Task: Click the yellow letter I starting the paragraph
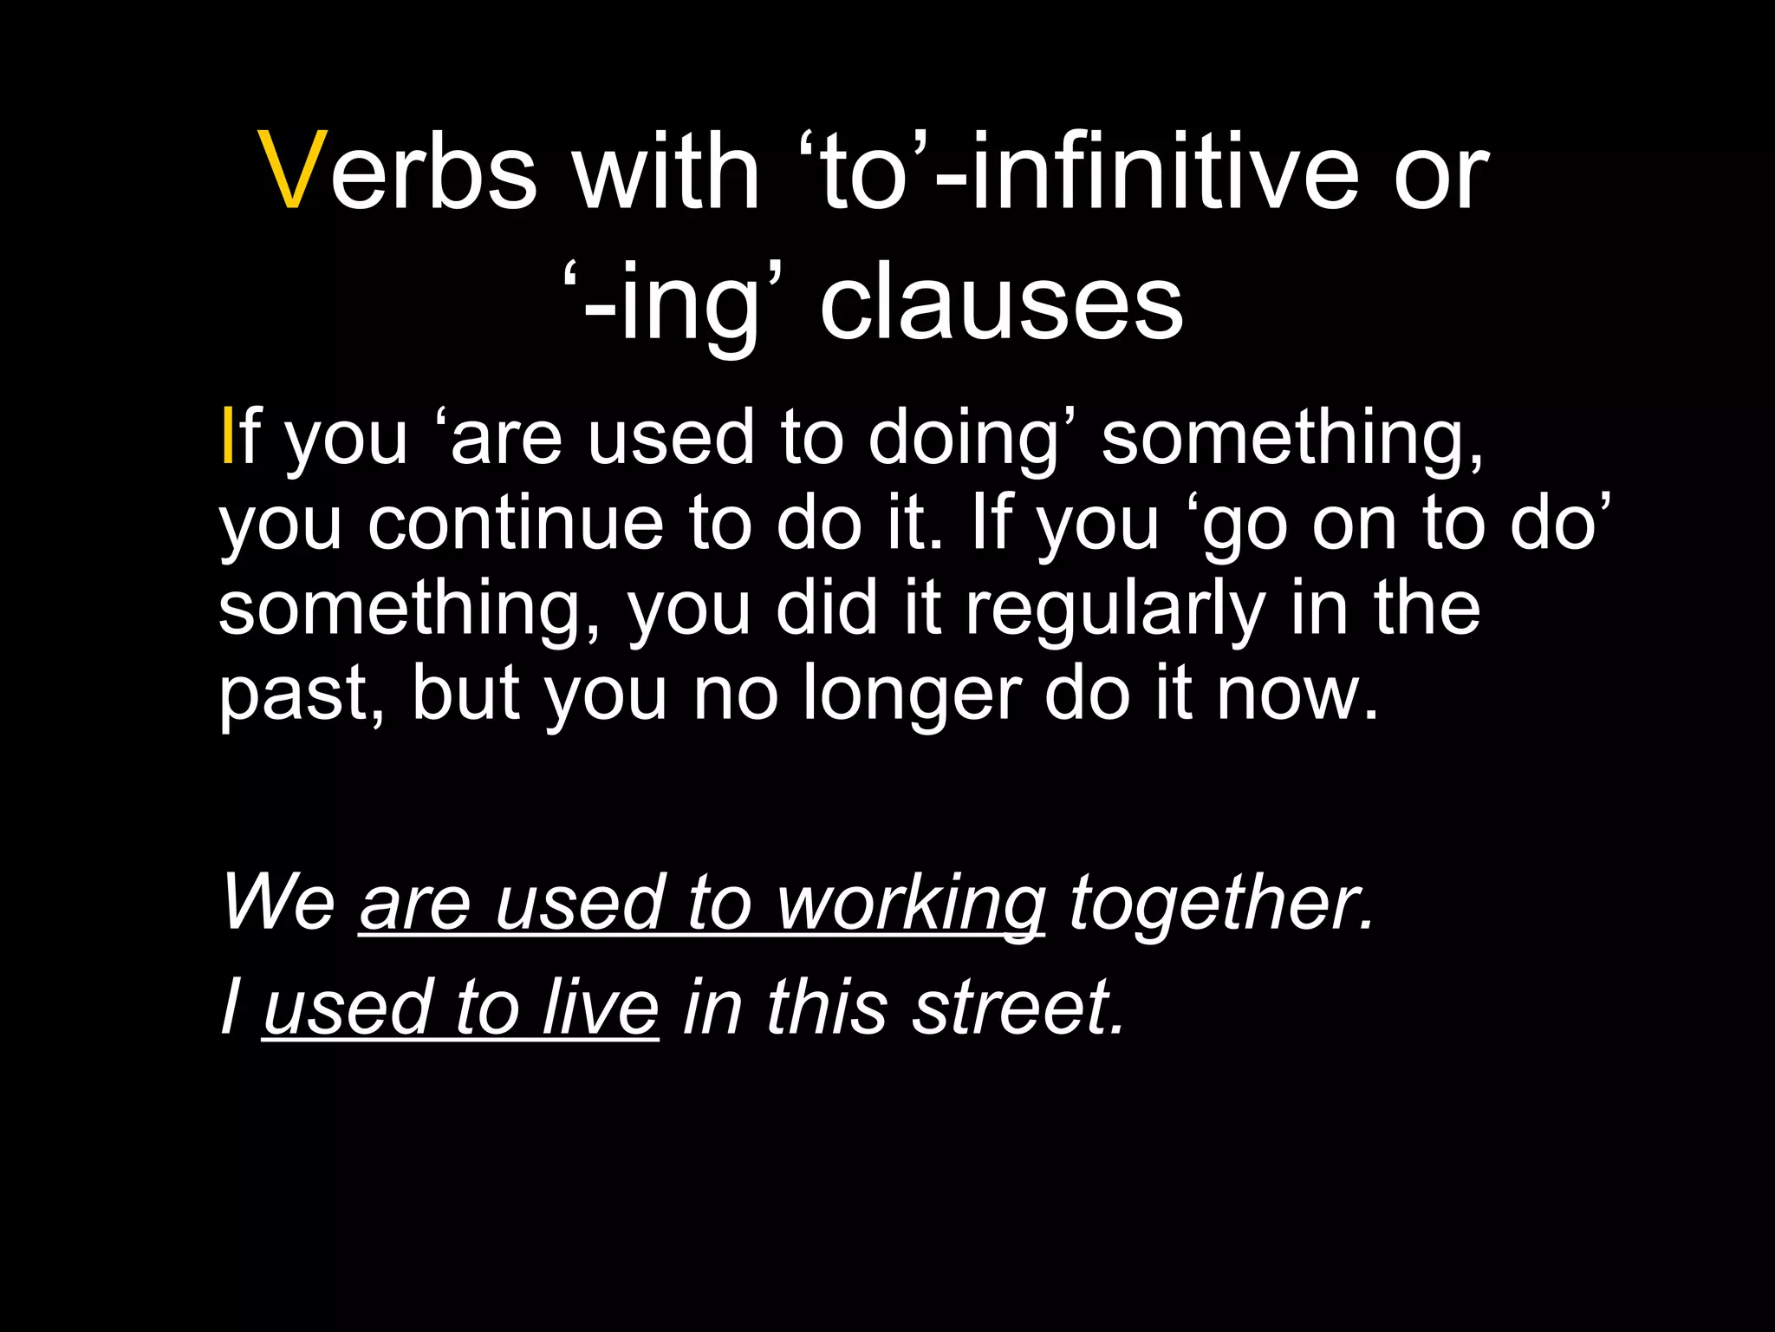click(227, 438)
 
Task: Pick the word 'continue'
click(515, 524)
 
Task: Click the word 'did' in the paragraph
click(827, 610)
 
